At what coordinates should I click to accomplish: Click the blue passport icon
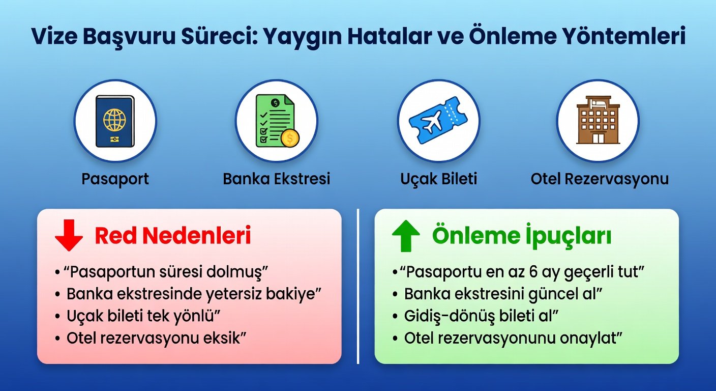[115, 121]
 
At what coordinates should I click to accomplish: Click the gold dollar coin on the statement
[290, 138]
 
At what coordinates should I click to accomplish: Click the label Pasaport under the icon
[115, 179]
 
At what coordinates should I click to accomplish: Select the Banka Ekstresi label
[277, 179]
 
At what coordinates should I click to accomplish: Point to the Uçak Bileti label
[438, 179]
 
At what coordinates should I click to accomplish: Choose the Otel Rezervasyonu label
[600, 179]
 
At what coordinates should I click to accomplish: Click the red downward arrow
[69, 235]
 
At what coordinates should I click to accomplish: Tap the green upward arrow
[406, 236]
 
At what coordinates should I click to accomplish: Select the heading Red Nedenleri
[173, 236]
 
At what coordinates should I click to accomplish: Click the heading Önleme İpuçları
[522, 236]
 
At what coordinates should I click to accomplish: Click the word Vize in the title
[54, 36]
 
